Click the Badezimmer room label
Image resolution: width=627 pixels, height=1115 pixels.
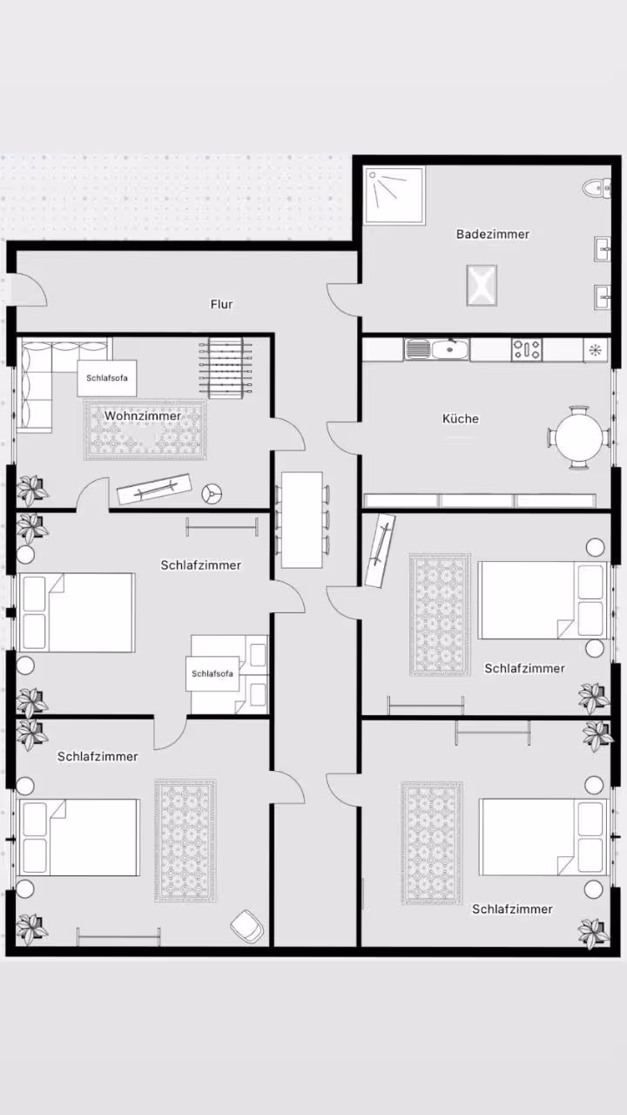tap(493, 233)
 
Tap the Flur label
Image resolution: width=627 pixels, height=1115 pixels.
tap(221, 304)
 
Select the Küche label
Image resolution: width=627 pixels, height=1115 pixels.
tap(461, 419)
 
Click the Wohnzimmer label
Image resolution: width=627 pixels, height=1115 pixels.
tap(143, 416)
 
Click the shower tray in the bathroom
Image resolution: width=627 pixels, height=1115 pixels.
tap(394, 196)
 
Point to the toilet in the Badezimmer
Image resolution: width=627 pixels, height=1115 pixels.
tap(597, 187)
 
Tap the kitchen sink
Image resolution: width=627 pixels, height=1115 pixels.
tap(436, 349)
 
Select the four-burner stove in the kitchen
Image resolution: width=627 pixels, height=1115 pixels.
tap(527, 349)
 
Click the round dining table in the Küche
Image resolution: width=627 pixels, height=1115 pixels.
tap(579, 437)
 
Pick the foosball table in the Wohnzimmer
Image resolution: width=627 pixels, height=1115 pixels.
tap(226, 368)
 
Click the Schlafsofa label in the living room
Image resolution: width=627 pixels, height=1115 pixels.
tap(107, 378)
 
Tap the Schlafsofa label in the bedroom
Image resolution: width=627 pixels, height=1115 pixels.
tap(212, 673)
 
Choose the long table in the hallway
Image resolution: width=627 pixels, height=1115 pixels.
tap(302, 520)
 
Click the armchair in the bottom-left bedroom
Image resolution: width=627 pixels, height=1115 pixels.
tap(247, 926)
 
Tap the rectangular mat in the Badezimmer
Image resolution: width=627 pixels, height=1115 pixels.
tap(482, 285)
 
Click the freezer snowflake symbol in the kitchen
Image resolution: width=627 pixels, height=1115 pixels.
tap(595, 350)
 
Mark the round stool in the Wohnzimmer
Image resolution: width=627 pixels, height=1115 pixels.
tap(212, 494)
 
